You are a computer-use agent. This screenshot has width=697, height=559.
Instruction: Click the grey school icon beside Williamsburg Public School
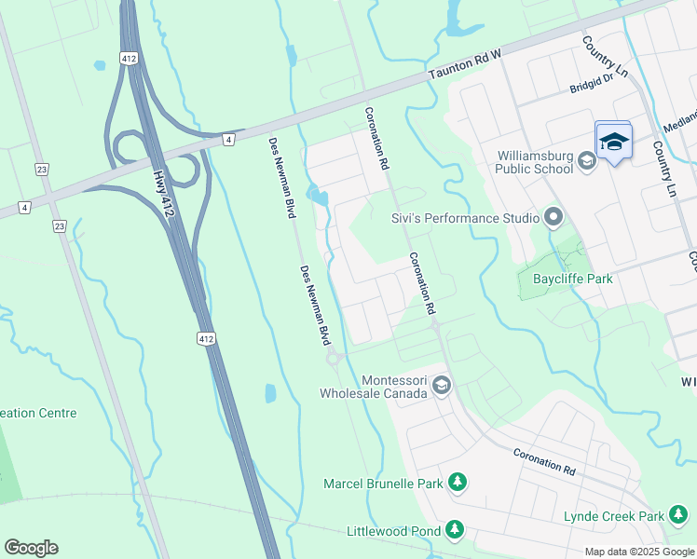(x=587, y=162)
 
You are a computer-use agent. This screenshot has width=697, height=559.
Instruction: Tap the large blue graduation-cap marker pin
(x=613, y=142)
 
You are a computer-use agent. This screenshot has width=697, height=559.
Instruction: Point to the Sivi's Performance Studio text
(x=464, y=218)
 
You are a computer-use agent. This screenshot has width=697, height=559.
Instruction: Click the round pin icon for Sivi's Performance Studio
(x=554, y=218)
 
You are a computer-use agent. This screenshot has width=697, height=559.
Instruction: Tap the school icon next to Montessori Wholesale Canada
(x=442, y=385)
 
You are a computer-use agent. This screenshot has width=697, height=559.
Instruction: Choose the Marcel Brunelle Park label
(x=383, y=484)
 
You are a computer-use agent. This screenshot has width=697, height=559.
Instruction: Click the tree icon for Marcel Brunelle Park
(x=457, y=483)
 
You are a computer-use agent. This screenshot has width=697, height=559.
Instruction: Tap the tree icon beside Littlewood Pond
(x=454, y=530)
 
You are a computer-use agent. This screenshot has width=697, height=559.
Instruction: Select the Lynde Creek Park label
(x=613, y=516)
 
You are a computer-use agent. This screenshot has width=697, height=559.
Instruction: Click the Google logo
(x=31, y=547)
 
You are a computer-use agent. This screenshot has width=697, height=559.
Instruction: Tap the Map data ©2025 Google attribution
(x=638, y=552)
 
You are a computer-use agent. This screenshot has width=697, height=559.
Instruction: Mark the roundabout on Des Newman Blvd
(x=332, y=359)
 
